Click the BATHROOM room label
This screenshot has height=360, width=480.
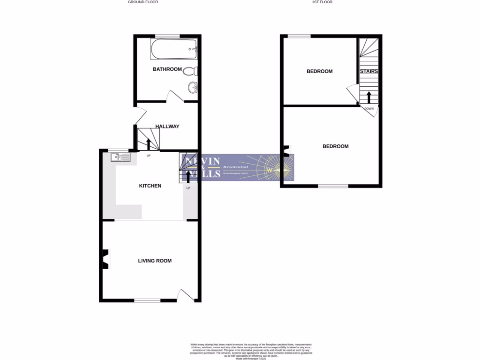(167, 69)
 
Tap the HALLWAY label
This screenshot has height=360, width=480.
(167, 126)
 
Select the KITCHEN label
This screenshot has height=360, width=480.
(150, 186)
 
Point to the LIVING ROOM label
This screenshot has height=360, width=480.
(155, 261)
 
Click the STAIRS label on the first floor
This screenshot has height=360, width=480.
(369, 72)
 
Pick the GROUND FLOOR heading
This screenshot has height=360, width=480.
(143, 2)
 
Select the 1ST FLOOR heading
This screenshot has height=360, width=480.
(322, 2)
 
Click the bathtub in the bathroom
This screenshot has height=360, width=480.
(174, 49)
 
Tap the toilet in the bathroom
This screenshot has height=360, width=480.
(190, 72)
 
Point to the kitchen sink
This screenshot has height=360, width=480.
(120, 157)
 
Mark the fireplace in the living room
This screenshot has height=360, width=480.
(105, 259)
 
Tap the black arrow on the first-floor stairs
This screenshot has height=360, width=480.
(369, 97)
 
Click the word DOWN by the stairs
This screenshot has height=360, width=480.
(369, 109)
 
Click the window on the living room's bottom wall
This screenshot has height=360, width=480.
(147, 300)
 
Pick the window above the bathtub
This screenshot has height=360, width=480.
(168, 36)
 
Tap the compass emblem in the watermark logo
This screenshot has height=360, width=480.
(270, 170)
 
